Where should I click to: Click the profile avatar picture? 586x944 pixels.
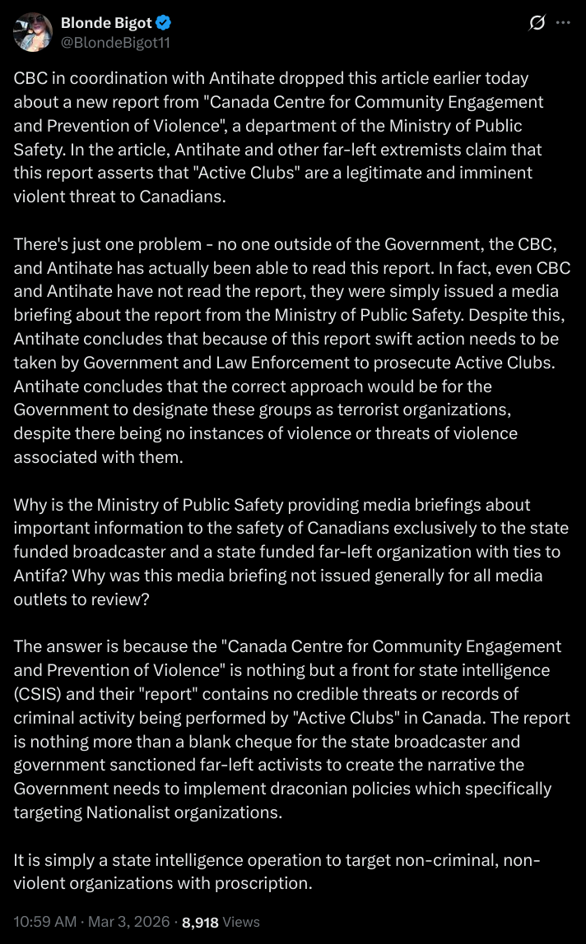pyautogui.click(x=32, y=32)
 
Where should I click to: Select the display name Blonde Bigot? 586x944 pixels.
pyautogui.click(x=106, y=23)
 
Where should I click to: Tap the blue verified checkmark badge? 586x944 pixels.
pyautogui.click(x=164, y=23)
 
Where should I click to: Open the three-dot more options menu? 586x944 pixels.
pyautogui.click(x=563, y=23)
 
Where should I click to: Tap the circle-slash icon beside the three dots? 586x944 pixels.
pyautogui.click(x=536, y=23)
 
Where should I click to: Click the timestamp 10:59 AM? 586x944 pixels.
pyautogui.click(x=45, y=923)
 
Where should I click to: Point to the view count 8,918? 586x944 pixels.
pyautogui.click(x=200, y=923)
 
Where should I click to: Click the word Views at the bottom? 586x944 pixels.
pyautogui.click(x=241, y=923)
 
